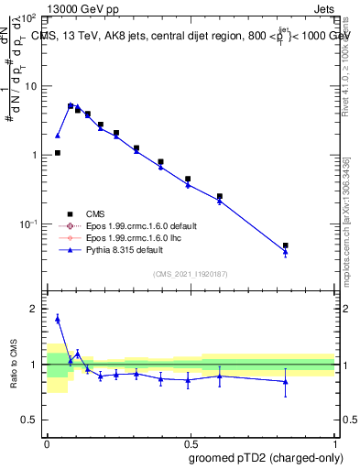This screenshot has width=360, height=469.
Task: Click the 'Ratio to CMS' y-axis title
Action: click(14, 366)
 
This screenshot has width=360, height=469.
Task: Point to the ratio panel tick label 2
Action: click(34, 310)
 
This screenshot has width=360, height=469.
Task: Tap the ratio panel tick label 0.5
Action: click(29, 420)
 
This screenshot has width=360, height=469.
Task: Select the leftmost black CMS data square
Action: click(58, 153)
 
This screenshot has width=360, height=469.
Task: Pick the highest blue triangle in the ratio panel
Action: click(58, 319)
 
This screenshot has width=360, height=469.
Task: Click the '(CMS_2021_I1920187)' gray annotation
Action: click(191, 274)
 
